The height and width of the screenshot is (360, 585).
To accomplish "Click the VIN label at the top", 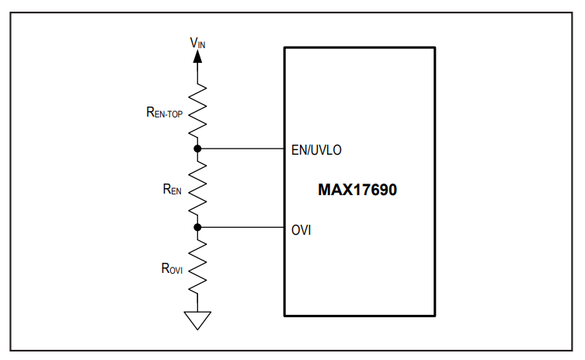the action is point(197,43).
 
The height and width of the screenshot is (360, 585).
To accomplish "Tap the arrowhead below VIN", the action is point(197,57).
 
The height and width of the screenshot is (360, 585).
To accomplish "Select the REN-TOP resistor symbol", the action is point(197,111).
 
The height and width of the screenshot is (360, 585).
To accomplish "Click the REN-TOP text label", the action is point(165,112).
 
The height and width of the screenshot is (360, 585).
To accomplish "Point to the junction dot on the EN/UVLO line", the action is point(197,149).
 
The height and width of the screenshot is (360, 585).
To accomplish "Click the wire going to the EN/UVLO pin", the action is point(241,149).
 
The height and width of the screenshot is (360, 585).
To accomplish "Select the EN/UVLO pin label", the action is point(316,150).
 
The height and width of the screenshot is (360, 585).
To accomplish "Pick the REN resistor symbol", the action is point(197,188).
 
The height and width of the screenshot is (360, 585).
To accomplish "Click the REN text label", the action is point(172,190).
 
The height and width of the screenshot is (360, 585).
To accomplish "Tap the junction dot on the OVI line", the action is point(197,227).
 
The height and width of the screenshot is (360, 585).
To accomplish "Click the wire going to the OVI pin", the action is point(241,227).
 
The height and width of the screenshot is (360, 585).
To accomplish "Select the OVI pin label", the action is point(301,230).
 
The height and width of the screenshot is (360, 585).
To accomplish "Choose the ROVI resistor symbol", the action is point(197,267).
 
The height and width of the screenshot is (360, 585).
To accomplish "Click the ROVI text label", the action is point(172,268).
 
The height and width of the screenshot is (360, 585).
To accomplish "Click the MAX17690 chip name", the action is point(357,190).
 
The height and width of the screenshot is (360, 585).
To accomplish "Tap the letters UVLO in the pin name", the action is point(326,150).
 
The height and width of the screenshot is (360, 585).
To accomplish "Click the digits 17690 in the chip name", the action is point(375,190).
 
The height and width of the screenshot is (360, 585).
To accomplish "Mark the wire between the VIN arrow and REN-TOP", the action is point(197,73).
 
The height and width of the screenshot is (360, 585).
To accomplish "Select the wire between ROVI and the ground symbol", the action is point(197,302).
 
